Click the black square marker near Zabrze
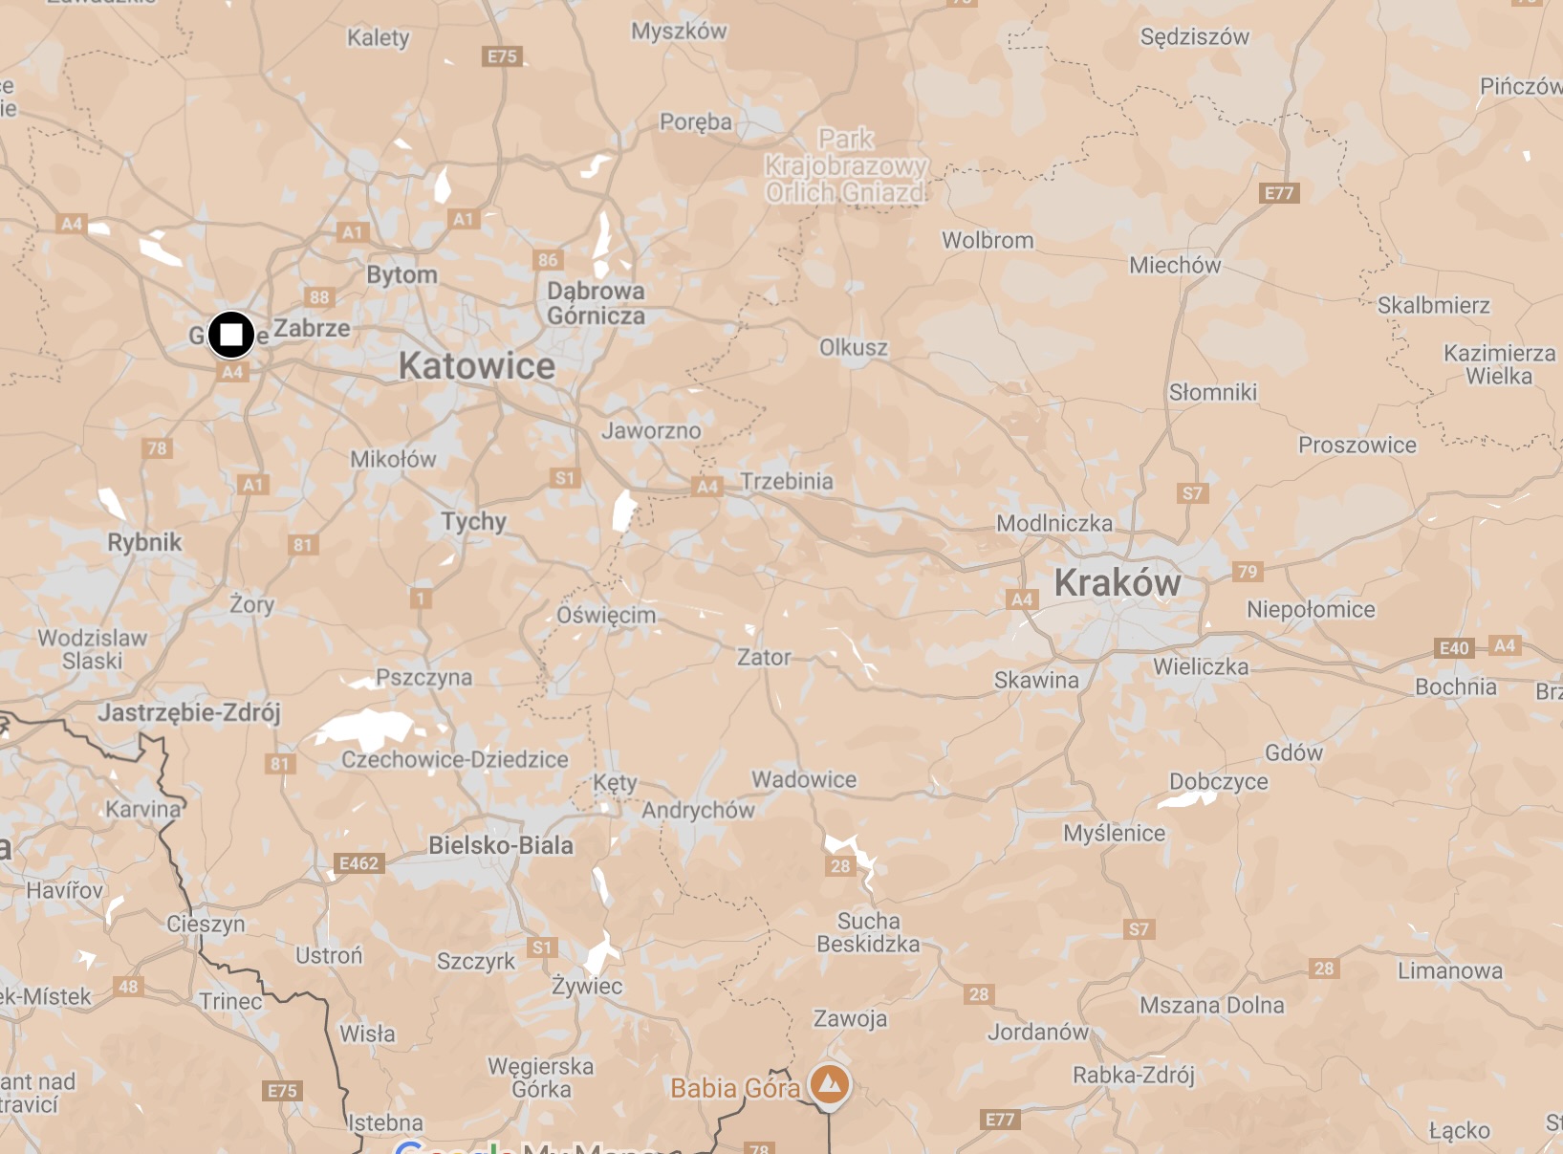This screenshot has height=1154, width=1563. [231, 335]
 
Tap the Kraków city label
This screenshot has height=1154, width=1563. [1118, 583]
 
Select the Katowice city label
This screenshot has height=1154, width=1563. [476, 366]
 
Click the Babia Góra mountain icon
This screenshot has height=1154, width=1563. [830, 1085]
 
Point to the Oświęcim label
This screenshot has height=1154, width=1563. [606, 615]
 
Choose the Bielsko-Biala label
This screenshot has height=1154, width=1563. [501, 845]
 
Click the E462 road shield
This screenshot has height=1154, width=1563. [359, 863]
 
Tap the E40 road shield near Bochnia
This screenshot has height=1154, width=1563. [1454, 648]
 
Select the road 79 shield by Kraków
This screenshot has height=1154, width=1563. [1247, 572]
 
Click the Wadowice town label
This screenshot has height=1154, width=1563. [804, 779]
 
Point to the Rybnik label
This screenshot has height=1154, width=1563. [144, 542]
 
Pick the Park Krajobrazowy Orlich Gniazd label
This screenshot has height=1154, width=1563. [846, 166]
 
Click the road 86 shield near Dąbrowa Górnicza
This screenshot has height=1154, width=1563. [548, 260]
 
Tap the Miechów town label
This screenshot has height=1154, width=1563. [1175, 265]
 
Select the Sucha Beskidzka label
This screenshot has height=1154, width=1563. [868, 932]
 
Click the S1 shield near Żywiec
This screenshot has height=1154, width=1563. [542, 947]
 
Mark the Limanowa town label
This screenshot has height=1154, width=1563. [1449, 970]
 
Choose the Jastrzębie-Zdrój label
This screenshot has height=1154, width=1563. [189, 712]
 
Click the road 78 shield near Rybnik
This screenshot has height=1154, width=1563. [157, 448]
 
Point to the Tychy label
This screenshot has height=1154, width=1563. [473, 521]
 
